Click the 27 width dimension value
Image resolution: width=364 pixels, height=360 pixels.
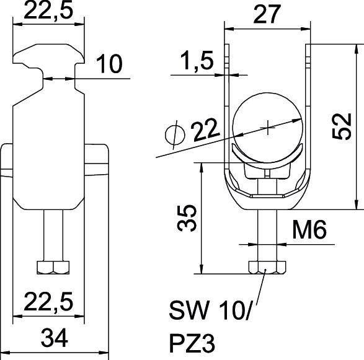coord(267,15)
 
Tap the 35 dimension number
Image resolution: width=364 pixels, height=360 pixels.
coord(191,217)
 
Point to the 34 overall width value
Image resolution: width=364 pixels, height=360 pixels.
coord(54,339)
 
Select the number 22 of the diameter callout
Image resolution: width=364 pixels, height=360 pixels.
coord(205,131)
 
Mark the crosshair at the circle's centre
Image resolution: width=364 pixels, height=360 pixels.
coord(267,128)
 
